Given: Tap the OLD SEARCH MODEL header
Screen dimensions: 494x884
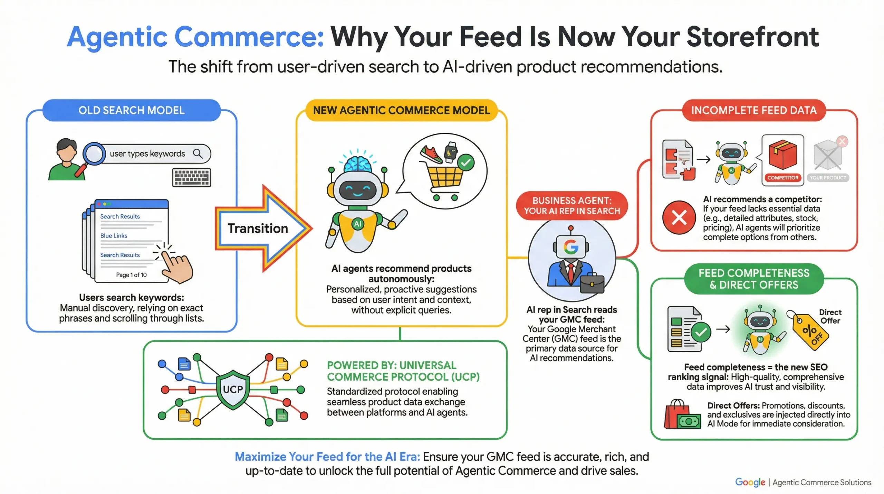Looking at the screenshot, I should tap(131, 110).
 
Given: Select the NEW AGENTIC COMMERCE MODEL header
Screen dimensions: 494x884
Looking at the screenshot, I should tap(401, 110).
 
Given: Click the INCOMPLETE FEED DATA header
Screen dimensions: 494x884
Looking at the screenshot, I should tap(753, 110).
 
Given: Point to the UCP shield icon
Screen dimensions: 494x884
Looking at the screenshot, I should tap(233, 390).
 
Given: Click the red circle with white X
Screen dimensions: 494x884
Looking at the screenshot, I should tap(679, 218).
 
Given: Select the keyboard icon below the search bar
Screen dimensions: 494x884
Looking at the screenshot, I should tap(191, 178).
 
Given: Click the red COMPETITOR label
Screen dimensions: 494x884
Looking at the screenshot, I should tap(782, 178).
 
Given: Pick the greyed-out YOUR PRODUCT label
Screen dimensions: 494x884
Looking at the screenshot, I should tap(828, 178).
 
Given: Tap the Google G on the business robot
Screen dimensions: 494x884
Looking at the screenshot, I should tap(570, 247).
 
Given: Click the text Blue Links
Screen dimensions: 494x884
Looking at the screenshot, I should tap(114, 236).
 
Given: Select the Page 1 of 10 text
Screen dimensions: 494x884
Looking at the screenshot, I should tap(131, 275).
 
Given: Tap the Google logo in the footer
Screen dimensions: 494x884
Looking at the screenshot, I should tap(750, 482).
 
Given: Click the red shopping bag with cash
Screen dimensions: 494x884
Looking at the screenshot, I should tap(682, 415).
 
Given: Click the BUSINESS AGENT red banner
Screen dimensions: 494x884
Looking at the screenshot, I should tap(571, 206).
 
